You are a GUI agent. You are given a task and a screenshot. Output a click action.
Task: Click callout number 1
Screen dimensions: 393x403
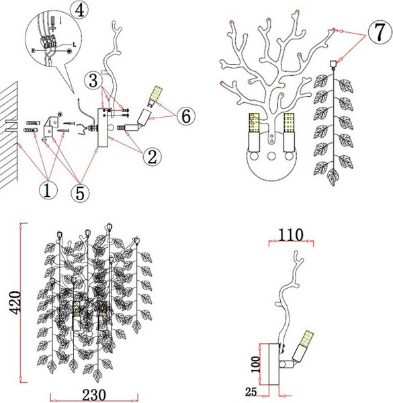coord(48,191)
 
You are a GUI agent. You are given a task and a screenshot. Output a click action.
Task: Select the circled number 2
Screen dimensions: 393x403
coord(152,156)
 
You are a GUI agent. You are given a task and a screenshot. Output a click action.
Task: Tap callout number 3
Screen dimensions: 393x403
coord(93,81)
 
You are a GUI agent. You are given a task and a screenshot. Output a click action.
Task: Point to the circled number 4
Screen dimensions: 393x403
coord(80,10)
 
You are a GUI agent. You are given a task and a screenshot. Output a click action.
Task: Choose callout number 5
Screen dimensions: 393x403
coord(80,193)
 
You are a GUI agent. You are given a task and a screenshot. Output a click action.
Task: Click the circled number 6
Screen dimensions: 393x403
coord(186,116)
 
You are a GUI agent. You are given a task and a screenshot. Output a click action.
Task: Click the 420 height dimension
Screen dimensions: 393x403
coord(15,302)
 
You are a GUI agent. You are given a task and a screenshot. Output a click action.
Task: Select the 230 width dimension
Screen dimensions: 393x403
coord(94,394)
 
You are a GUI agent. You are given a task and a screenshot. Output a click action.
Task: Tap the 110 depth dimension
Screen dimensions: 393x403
coord(291,235)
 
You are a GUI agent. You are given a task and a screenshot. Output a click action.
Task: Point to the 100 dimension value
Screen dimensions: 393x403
coord(256,364)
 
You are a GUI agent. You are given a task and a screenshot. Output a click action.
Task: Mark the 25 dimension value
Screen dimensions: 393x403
coord(251,392)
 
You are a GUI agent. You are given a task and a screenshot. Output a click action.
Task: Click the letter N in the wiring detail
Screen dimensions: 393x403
coord(33,50)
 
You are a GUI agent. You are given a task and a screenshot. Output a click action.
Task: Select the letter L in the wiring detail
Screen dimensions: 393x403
coord(75,45)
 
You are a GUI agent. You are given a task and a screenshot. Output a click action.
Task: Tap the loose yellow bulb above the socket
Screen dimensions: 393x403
coord(155,96)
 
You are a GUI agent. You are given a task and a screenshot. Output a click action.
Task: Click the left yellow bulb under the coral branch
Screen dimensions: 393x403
coord(254,123)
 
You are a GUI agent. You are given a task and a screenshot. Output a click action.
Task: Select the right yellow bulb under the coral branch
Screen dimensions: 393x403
coord(289,123)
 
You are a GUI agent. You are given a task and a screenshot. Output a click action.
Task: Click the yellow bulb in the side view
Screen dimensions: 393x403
coord(307,338)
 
